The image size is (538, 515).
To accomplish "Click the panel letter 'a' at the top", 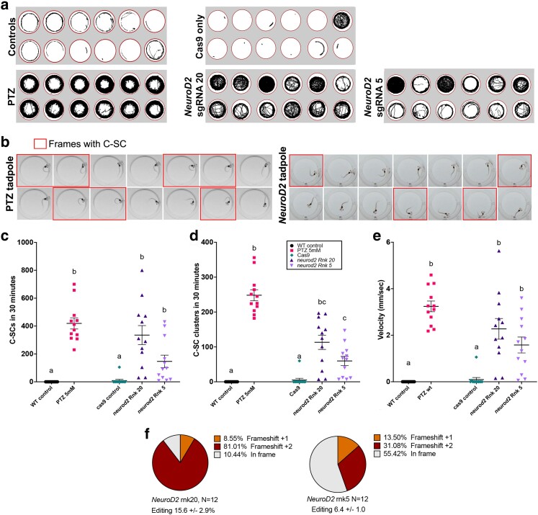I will tap(5, 6).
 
